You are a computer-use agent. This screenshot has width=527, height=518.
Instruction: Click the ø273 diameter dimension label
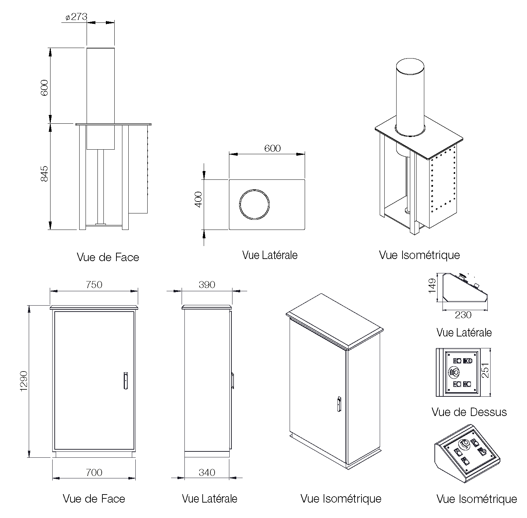[76, 17]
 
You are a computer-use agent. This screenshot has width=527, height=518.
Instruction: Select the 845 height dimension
[44, 173]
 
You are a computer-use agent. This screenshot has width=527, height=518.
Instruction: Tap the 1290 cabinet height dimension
[23, 381]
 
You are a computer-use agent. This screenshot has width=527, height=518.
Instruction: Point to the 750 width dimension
[94, 285]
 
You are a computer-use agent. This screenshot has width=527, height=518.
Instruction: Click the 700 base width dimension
[94, 472]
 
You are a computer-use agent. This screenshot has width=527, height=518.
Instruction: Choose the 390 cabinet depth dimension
[207, 285]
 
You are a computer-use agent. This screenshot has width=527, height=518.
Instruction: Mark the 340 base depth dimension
[207, 472]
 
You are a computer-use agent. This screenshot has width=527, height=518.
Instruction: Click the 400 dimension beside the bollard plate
[198, 199]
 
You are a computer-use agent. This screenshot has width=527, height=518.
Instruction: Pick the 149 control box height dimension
[432, 286]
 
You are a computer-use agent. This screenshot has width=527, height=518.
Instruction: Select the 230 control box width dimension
[463, 315]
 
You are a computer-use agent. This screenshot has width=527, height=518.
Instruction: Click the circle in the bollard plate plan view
[255, 205]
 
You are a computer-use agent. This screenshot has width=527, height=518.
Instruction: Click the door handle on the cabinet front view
[126, 381]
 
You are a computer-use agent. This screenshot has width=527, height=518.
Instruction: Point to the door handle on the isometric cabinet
[339, 404]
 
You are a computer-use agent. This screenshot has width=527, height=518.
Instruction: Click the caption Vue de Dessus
[469, 412]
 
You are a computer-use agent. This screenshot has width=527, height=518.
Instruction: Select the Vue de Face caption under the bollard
[108, 257]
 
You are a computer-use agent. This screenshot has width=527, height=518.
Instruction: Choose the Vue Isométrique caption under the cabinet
[341, 498]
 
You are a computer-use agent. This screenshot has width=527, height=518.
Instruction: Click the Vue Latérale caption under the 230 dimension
[464, 332]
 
